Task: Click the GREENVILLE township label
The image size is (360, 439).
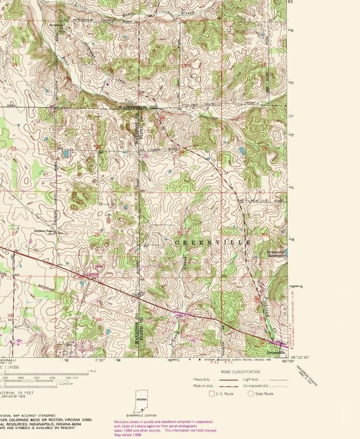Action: (x=208, y=243)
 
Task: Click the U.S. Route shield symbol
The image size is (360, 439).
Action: (x=212, y=393)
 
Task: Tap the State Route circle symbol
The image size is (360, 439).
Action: (x=251, y=393)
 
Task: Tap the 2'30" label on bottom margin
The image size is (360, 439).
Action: (x=101, y=359)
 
